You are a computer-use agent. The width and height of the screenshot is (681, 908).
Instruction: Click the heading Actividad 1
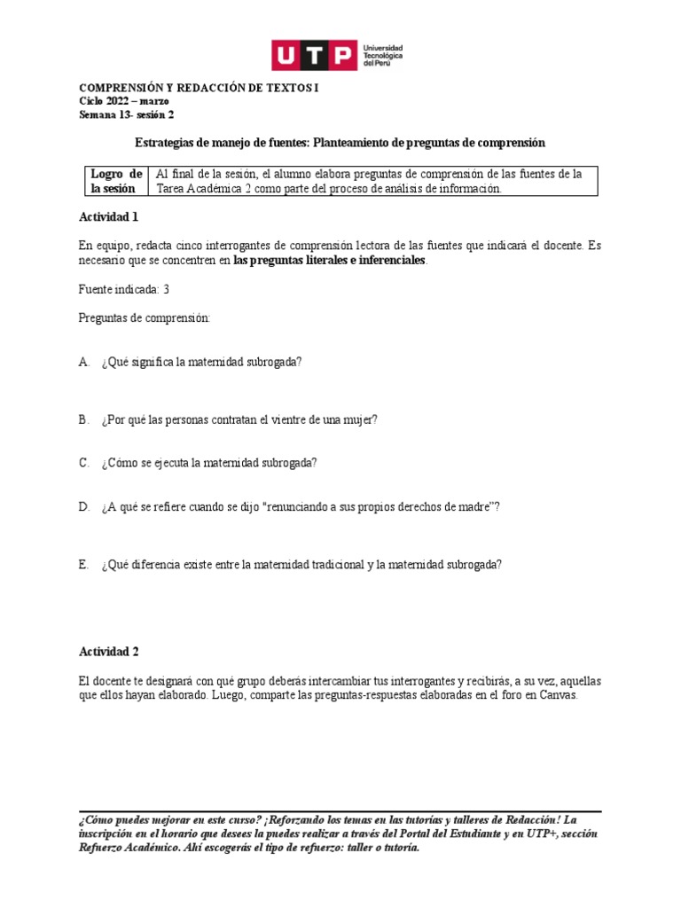(108, 216)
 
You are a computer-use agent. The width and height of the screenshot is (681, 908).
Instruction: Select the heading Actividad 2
(108, 651)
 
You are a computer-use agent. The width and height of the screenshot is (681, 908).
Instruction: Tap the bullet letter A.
(83, 362)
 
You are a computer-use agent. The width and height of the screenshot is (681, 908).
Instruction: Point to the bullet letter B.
(83, 419)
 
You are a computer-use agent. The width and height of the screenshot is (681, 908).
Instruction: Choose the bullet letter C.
(83, 463)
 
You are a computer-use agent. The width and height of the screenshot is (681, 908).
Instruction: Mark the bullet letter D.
(83, 506)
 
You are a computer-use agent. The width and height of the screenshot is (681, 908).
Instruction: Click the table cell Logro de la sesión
(115, 181)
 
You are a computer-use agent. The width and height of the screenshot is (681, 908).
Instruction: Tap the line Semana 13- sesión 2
(127, 114)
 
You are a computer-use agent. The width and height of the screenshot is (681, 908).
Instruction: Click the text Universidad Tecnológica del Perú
(383, 56)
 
